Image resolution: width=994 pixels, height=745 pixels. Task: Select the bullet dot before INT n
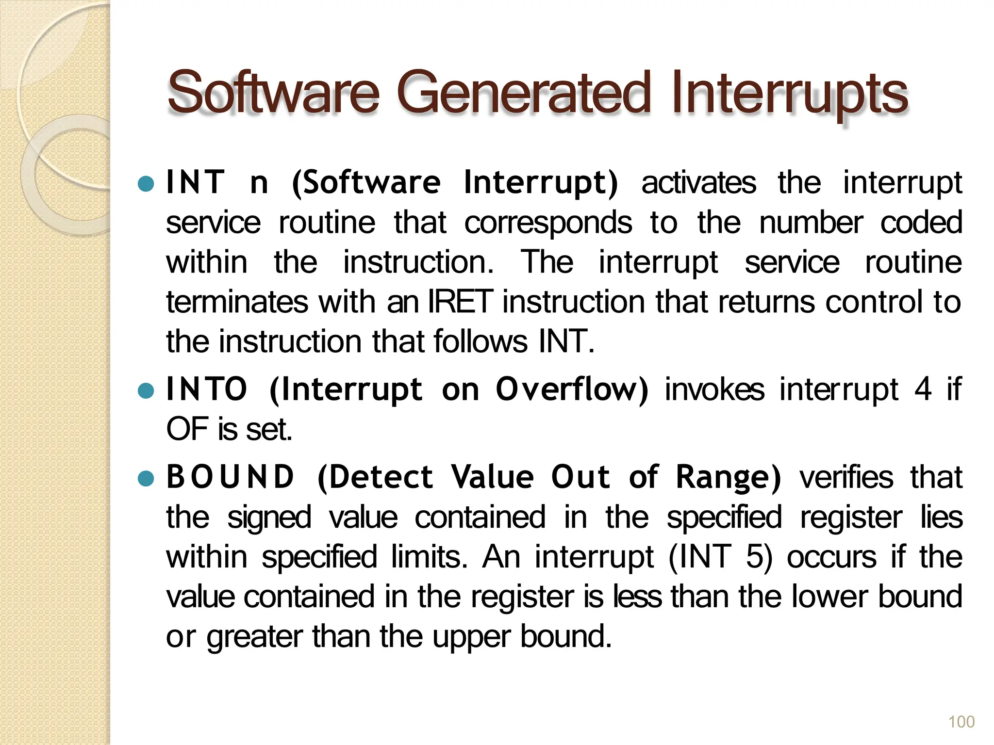[x=146, y=184]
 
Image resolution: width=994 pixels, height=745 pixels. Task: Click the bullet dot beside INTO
[x=146, y=390]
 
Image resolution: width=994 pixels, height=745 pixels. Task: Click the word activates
[x=698, y=183]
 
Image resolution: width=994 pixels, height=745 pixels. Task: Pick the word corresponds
[x=548, y=223]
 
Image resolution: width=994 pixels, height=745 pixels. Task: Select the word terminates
[x=237, y=302]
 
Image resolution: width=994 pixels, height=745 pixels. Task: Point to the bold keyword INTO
[x=206, y=389]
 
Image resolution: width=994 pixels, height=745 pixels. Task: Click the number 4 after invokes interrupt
[x=923, y=389]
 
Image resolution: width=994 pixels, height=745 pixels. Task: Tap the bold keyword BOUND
[x=230, y=477]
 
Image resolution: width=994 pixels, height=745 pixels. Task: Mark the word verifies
[x=846, y=477]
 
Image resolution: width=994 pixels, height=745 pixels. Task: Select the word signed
[x=269, y=518]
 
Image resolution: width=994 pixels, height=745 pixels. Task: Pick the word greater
[x=255, y=637]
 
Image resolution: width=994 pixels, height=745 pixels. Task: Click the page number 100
[x=961, y=722]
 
